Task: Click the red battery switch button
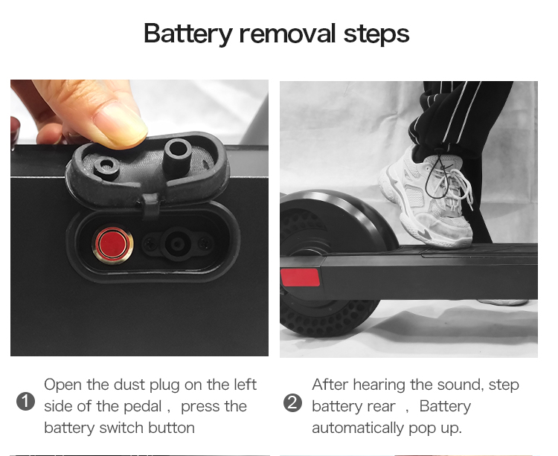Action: click(x=113, y=245)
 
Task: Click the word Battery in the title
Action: click(x=188, y=33)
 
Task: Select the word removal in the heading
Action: click(x=287, y=33)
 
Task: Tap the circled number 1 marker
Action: click(x=25, y=402)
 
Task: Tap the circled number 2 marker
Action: click(x=292, y=403)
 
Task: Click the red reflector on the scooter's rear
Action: click(x=300, y=277)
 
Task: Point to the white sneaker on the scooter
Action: click(x=427, y=199)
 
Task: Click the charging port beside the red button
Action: click(x=177, y=244)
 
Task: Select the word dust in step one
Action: click(x=129, y=385)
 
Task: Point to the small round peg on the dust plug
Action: click(x=106, y=167)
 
